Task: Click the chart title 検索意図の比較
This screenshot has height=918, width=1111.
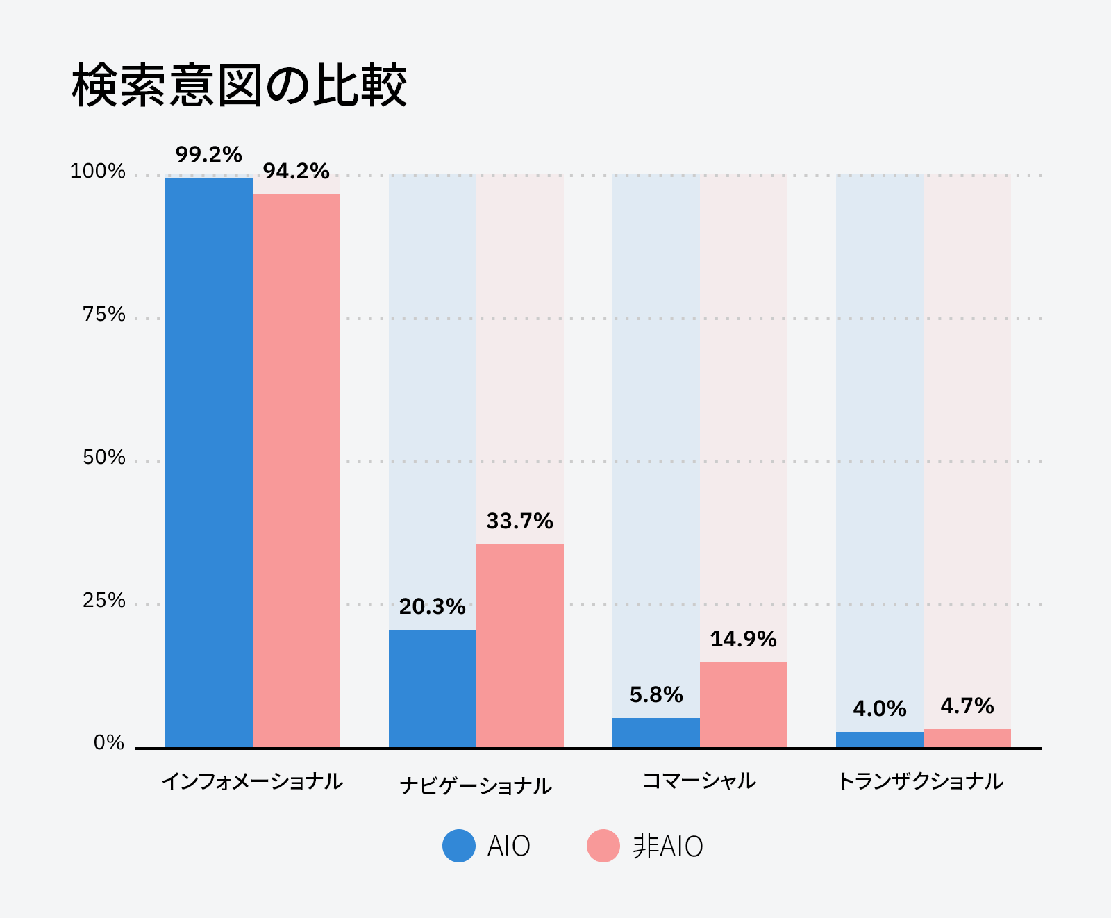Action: (x=239, y=86)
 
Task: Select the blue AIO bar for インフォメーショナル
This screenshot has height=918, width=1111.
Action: (x=209, y=462)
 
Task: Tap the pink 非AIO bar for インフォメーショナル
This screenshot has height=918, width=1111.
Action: (x=296, y=471)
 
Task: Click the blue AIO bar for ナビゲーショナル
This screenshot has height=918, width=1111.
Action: (x=433, y=688)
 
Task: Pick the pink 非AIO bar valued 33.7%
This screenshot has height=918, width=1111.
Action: (x=520, y=646)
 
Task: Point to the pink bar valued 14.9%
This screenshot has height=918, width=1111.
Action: (x=744, y=705)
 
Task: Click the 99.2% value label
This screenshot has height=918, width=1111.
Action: (x=209, y=154)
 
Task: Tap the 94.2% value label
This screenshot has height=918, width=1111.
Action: (x=296, y=171)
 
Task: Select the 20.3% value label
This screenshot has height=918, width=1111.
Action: (x=433, y=606)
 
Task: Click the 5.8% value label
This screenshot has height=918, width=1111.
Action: (x=656, y=694)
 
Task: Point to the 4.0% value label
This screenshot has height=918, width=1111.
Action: (x=880, y=708)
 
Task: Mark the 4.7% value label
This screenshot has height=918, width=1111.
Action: (x=967, y=706)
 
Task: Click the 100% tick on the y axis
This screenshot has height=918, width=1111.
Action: (x=98, y=172)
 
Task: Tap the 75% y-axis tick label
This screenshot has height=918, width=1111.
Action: (x=104, y=315)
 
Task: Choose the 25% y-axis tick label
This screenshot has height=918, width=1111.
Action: (x=104, y=600)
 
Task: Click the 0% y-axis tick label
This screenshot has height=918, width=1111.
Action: (x=109, y=743)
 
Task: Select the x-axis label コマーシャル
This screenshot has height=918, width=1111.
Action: (x=699, y=781)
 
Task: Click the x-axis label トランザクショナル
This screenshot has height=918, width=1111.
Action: (x=921, y=781)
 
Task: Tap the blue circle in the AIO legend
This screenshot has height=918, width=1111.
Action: (x=459, y=846)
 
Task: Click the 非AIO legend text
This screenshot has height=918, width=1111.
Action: (x=668, y=846)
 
